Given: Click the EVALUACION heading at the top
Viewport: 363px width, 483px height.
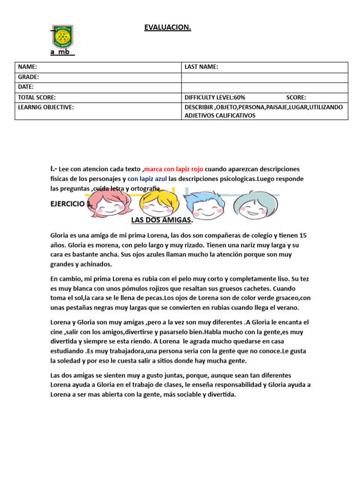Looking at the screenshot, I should tap(167, 28).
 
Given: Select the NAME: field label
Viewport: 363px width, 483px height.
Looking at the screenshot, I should tap(27, 67).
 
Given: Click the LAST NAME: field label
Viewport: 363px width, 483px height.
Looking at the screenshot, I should tap(201, 67).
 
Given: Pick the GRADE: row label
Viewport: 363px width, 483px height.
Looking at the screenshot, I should tap(28, 77).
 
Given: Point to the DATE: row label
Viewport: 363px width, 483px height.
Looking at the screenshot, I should tap(26, 87).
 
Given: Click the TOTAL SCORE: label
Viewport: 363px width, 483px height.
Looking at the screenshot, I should tap(37, 97).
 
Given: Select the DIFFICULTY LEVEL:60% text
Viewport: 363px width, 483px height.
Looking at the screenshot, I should tap(215, 97).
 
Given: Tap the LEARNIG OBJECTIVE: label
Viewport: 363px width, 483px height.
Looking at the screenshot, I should tap(46, 108).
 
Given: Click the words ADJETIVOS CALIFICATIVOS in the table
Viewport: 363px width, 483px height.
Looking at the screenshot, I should tap(220, 116).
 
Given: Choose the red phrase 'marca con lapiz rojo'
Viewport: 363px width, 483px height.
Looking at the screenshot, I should tap(173, 169).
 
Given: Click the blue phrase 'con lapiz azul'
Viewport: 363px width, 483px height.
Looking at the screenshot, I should tap(147, 179).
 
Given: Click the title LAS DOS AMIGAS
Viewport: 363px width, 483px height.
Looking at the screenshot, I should tap(161, 220).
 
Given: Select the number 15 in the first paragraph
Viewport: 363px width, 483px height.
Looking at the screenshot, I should tap(303, 235).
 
